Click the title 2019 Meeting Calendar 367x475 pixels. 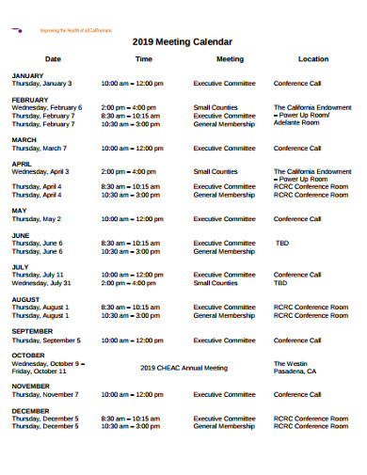183,42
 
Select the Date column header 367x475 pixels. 53,58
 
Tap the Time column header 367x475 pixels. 143,58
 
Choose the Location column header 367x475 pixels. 313,58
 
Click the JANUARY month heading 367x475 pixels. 27,75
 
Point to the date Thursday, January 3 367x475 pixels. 41,83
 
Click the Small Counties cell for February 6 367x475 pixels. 215,107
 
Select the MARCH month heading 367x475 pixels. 24,140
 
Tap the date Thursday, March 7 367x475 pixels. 39,148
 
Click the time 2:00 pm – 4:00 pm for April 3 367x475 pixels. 130,172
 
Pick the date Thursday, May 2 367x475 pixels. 36,219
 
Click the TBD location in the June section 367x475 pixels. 282,243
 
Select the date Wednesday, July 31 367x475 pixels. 41,283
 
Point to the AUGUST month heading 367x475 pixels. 25,299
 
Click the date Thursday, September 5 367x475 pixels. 45,340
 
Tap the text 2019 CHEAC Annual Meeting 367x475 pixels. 183,368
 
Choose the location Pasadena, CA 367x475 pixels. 295,372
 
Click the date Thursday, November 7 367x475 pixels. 44,394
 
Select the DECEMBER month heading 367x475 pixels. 31,411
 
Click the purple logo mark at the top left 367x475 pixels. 18,30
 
